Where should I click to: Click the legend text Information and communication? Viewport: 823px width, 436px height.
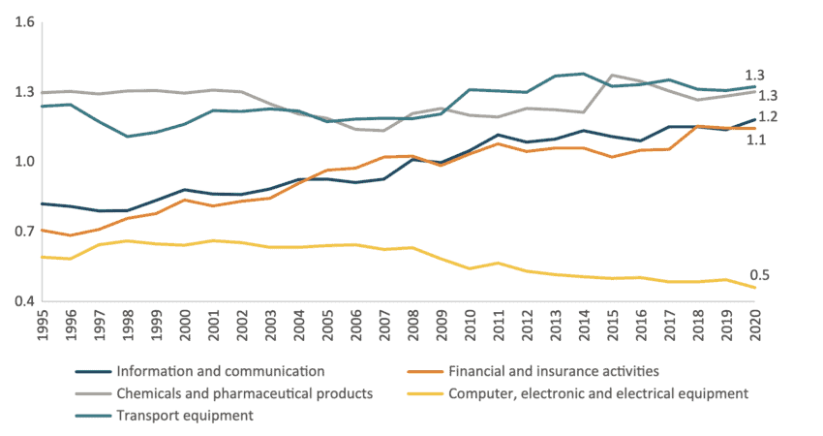click(x=220, y=371)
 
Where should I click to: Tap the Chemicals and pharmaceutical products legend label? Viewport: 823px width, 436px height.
click(x=245, y=393)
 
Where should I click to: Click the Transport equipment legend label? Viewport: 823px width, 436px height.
click(x=184, y=416)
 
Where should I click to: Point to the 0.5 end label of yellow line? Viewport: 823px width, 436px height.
click(x=760, y=276)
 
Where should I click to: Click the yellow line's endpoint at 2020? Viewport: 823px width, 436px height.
click(x=754, y=288)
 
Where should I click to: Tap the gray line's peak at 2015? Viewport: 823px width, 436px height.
click(x=612, y=75)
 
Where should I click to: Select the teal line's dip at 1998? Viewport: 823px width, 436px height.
click(x=129, y=137)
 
